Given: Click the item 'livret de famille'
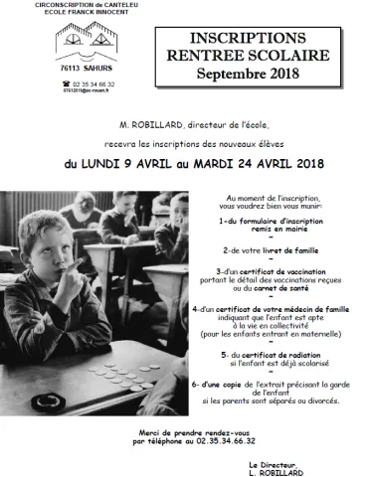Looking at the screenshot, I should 289,250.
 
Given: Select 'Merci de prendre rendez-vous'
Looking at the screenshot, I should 186,433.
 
